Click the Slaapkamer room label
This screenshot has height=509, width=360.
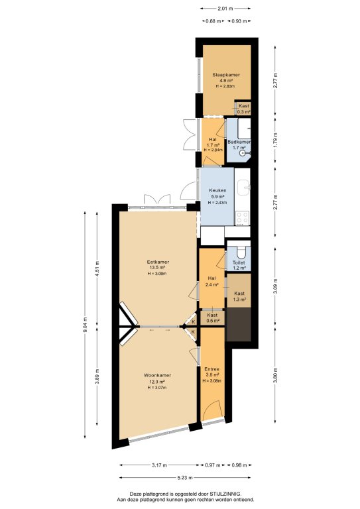pyautogui.click(x=226, y=75)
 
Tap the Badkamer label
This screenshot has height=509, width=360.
pyautogui.click(x=239, y=142)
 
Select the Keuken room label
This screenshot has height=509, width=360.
pyautogui.click(x=217, y=191)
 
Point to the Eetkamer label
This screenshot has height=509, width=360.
pyautogui.click(x=158, y=262)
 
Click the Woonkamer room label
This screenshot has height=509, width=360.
pyautogui.click(x=157, y=375)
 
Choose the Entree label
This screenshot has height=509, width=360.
pyautogui.click(x=211, y=369)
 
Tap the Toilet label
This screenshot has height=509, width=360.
pyautogui.click(x=239, y=262)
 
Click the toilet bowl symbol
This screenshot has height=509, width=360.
pyautogui.click(x=241, y=252)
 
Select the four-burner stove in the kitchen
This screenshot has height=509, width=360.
pyautogui.click(x=242, y=218)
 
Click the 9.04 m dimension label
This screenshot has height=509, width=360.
pyautogui.click(x=85, y=325)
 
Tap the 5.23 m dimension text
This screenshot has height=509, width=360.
pyautogui.click(x=185, y=477)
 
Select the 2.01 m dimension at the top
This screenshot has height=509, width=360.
pyautogui.click(x=225, y=9)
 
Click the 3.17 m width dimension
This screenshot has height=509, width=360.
pyautogui.click(x=159, y=465)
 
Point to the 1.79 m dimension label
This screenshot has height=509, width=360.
pyautogui.click(x=275, y=140)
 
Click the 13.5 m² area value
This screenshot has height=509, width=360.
pyautogui.click(x=158, y=268)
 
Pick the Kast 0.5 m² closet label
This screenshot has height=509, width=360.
pyautogui.click(x=212, y=318)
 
